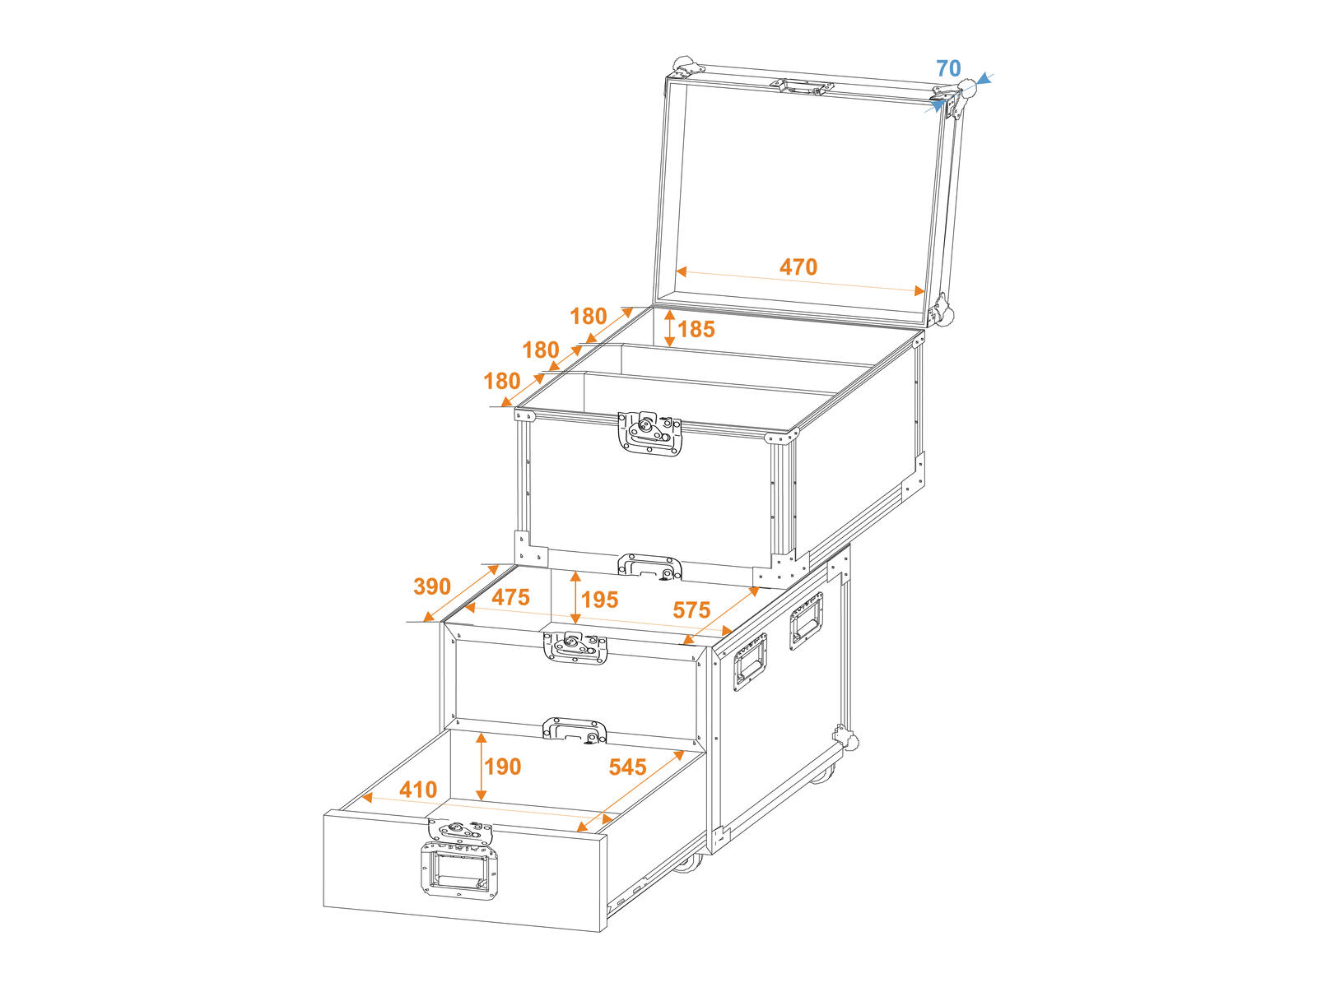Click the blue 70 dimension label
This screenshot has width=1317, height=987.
click(948, 68)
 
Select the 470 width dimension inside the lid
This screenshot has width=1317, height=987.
click(798, 266)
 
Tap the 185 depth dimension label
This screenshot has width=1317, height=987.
click(696, 329)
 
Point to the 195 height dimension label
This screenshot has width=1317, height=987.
click(599, 600)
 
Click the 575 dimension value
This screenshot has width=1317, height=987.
click(691, 610)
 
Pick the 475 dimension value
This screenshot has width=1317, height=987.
click(510, 597)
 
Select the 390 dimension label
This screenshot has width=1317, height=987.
click(432, 586)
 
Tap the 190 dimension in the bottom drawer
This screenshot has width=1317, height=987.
click(503, 767)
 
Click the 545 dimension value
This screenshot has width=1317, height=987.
click(627, 767)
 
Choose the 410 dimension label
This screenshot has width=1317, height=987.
click(418, 790)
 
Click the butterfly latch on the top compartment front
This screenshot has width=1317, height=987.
click(649, 433)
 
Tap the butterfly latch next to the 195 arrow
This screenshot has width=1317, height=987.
click(575, 647)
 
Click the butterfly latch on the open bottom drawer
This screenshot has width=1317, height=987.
click(460, 832)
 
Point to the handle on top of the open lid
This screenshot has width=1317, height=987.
click(803, 87)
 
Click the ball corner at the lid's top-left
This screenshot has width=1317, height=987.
click(683, 65)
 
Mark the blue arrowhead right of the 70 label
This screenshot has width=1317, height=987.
click(984, 78)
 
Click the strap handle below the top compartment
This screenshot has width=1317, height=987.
click(649, 567)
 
